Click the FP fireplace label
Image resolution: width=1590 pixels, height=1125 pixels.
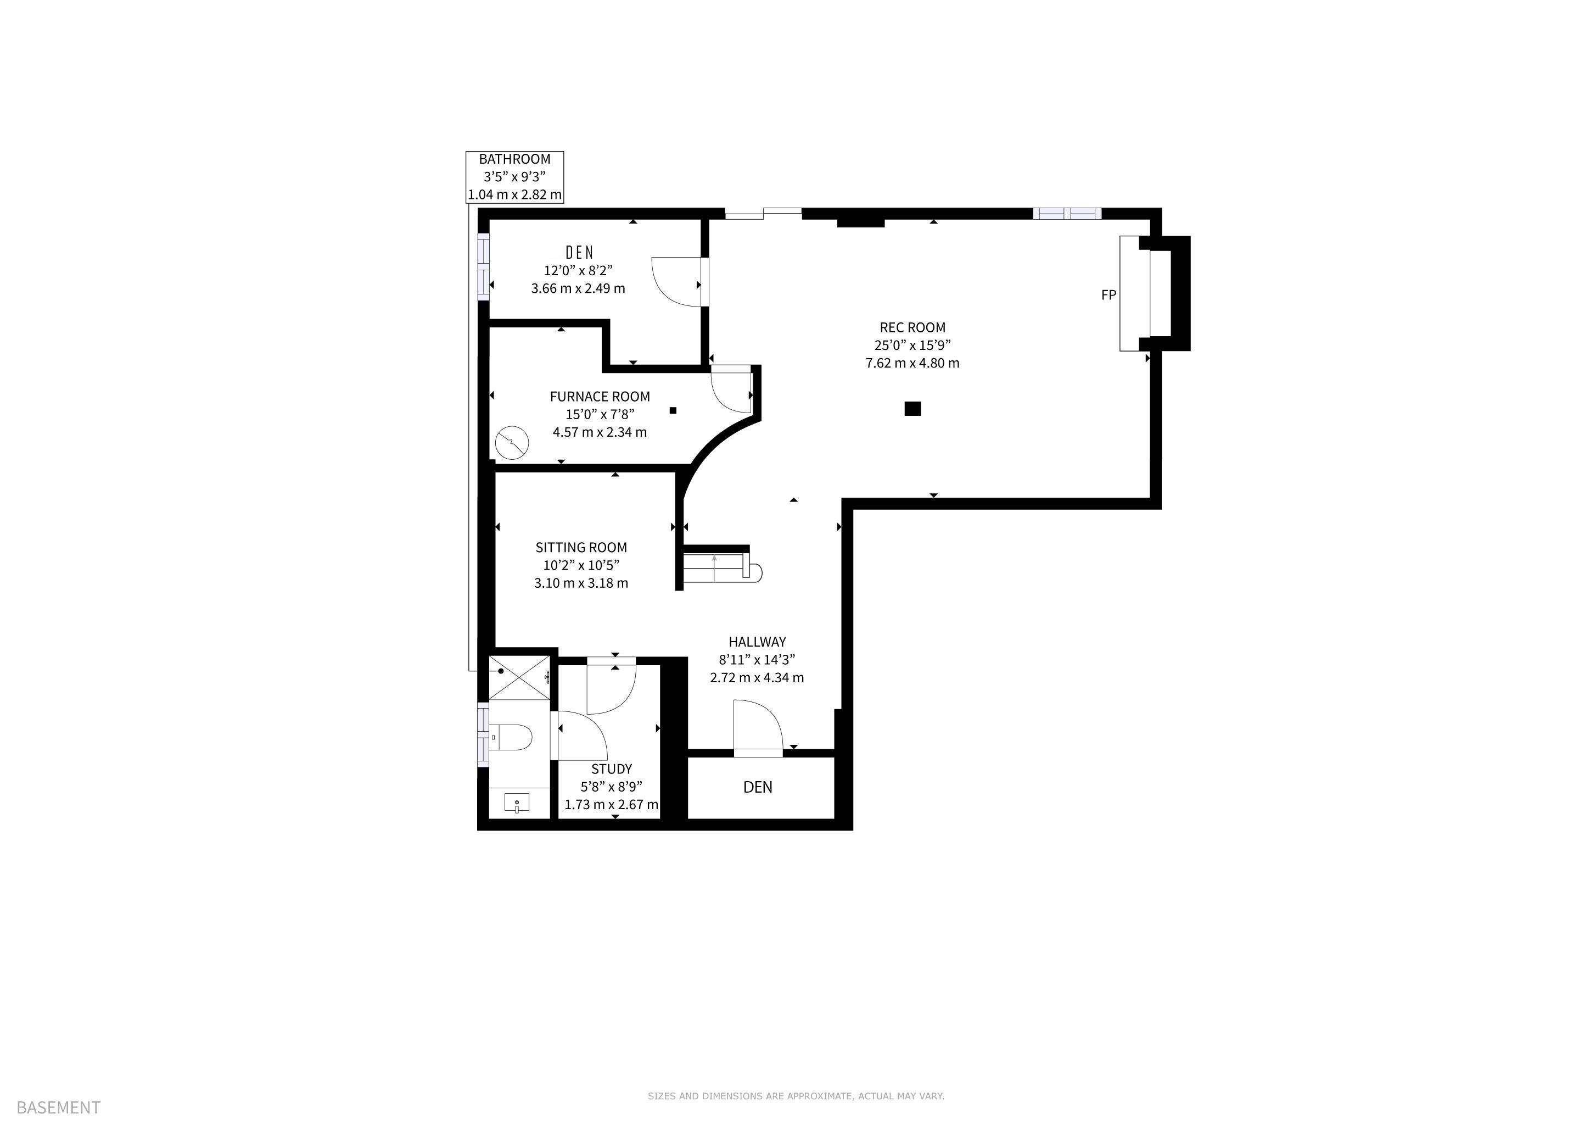pyautogui.click(x=1108, y=295)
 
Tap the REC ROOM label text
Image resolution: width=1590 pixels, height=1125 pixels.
pyautogui.click(x=912, y=327)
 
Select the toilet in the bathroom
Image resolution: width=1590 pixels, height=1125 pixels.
pyautogui.click(x=511, y=737)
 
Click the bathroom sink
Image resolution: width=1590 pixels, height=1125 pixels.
pyautogui.click(x=517, y=804)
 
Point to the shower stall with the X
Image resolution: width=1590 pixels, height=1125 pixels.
pyautogui.click(x=519, y=677)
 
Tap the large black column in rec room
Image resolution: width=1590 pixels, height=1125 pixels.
pyautogui.click(x=912, y=409)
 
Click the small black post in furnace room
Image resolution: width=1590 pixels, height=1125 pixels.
pyautogui.click(x=673, y=411)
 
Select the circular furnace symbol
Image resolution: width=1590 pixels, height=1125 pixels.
pyautogui.click(x=512, y=442)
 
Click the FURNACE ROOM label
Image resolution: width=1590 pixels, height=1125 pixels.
pyautogui.click(x=600, y=397)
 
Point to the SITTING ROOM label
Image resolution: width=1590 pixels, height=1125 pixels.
pyautogui.click(x=581, y=547)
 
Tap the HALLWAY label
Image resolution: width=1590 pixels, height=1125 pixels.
pyautogui.click(x=757, y=642)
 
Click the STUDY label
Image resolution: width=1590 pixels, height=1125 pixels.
pyautogui.click(x=612, y=769)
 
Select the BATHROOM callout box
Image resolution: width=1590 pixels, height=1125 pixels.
pyautogui.click(x=514, y=177)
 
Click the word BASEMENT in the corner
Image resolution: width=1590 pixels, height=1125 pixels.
pyautogui.click(x=59, y=1107)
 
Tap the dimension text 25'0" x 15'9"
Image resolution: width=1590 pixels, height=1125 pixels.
pyautogui.click(x=912, y=345)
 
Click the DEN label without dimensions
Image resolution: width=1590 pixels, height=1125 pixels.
pyautogui.click(x=758, y=787)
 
